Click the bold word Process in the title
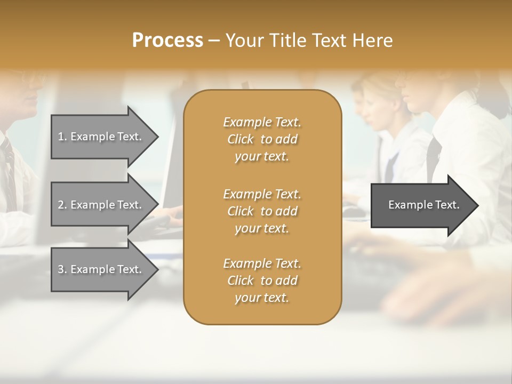167,41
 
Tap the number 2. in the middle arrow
62,205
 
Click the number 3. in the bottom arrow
62,269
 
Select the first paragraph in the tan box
262,139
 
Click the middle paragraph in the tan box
262,211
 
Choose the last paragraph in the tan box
262,281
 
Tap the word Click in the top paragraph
241,139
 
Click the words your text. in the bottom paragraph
262,298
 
